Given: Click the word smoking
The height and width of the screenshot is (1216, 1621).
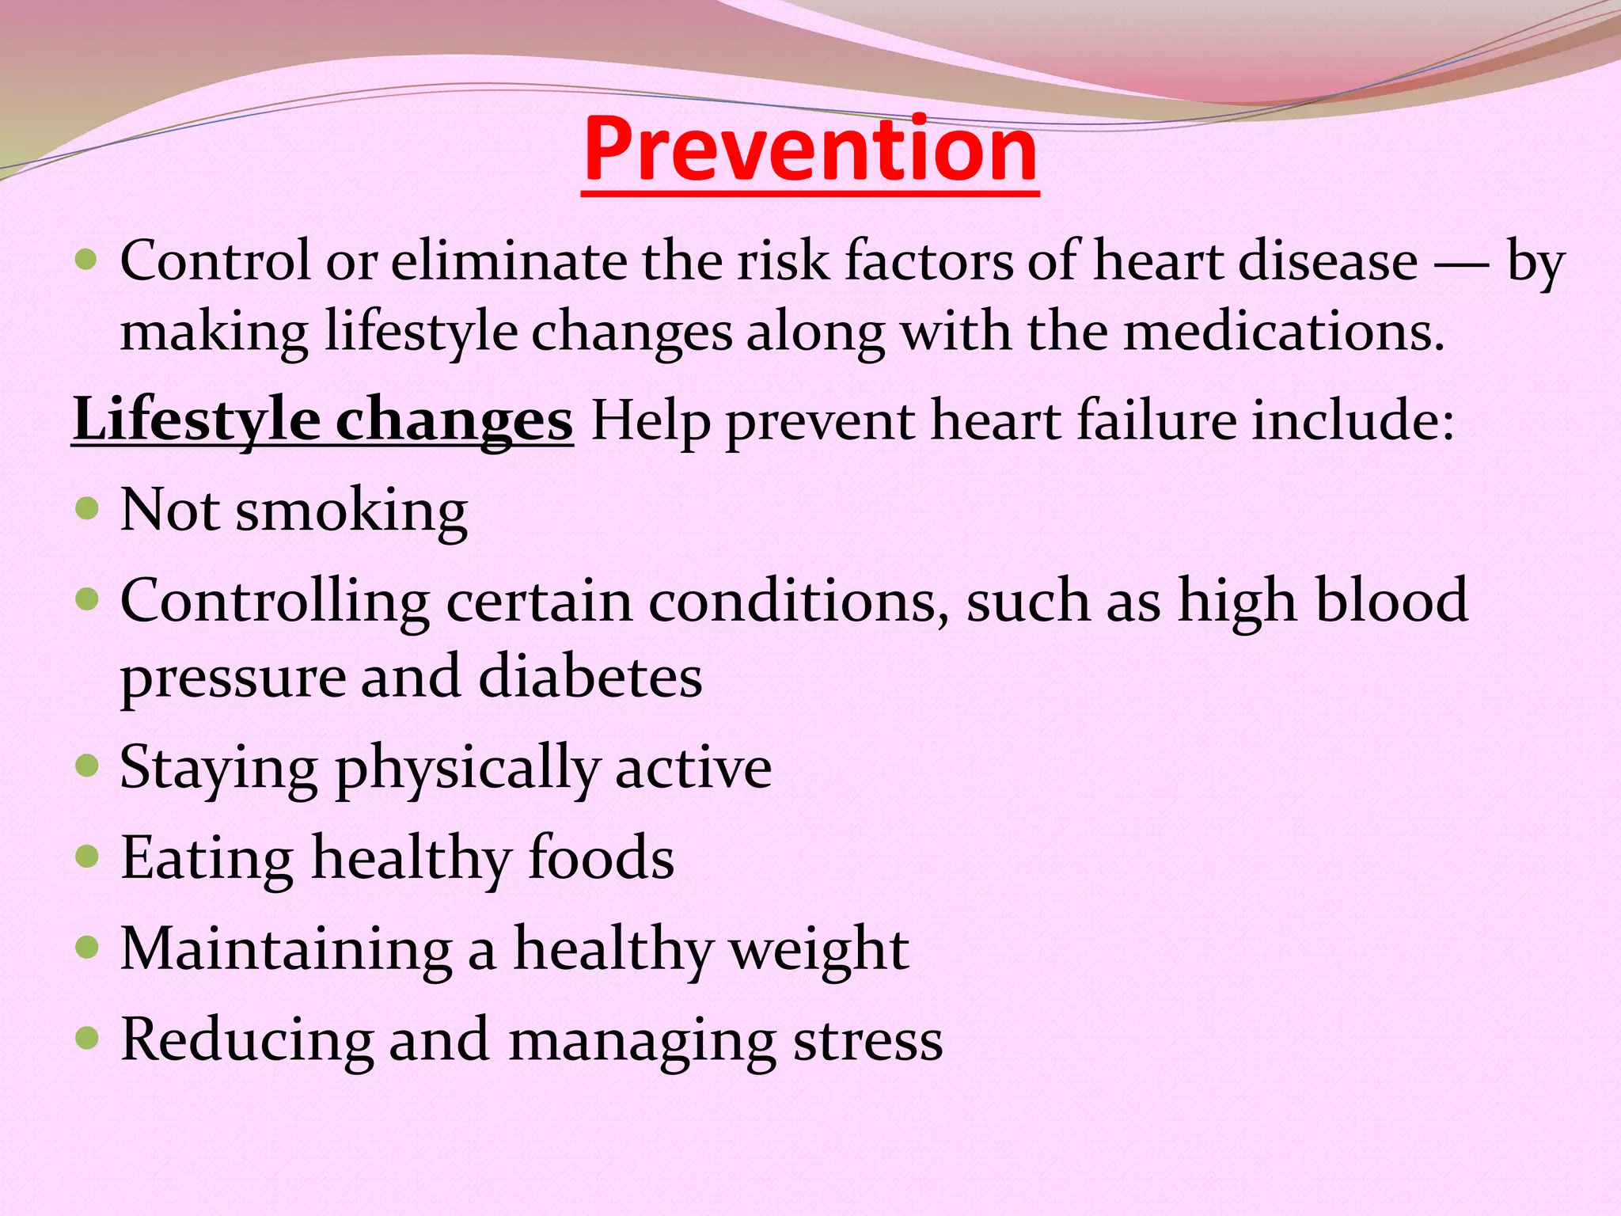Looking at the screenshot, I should pos(351,511).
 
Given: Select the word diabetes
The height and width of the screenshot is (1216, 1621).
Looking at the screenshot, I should pos(590,677).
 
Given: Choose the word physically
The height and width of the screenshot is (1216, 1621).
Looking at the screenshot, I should pos(468,768).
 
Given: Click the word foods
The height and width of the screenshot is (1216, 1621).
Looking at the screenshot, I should pos(601,858).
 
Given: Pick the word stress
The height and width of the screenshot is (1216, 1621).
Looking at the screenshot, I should pos(867,1040).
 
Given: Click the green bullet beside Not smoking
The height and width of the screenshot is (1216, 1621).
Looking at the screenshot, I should pos(87,507).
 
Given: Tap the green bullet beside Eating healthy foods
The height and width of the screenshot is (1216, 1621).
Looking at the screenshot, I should pos(87,856).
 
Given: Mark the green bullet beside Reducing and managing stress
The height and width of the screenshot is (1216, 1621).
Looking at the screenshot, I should pos(87,1037).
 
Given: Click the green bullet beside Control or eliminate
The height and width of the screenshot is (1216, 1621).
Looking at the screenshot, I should pos(87,259).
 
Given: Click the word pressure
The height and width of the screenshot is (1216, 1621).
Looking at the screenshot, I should pos(233,678).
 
